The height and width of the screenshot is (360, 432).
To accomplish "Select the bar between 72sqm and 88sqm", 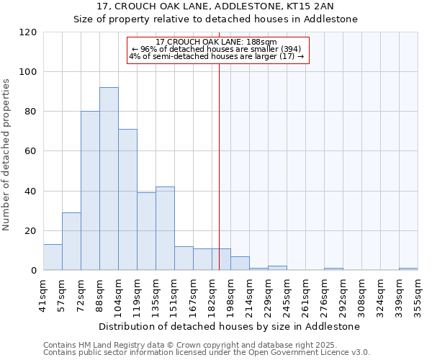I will pos(90,191).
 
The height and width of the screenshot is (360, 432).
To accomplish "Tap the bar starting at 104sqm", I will pos(127,199).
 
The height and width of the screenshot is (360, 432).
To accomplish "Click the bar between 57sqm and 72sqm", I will pos(71,242).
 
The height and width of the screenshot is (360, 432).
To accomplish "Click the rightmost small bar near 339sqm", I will pos(408,269).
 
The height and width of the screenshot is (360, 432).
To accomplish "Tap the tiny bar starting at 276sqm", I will pos(333,269).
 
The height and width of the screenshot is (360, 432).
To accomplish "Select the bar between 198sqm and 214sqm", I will pos(240,264).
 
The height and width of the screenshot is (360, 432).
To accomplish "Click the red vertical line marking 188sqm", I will pos(220,166).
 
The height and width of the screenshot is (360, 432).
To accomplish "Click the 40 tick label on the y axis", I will pos(31,192).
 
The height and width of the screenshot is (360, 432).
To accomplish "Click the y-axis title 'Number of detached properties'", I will pos(7,155).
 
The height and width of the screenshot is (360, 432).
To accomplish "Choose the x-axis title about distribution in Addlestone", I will pos(229,327).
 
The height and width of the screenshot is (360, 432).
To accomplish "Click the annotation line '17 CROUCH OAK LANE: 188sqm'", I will pos(217,42).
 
